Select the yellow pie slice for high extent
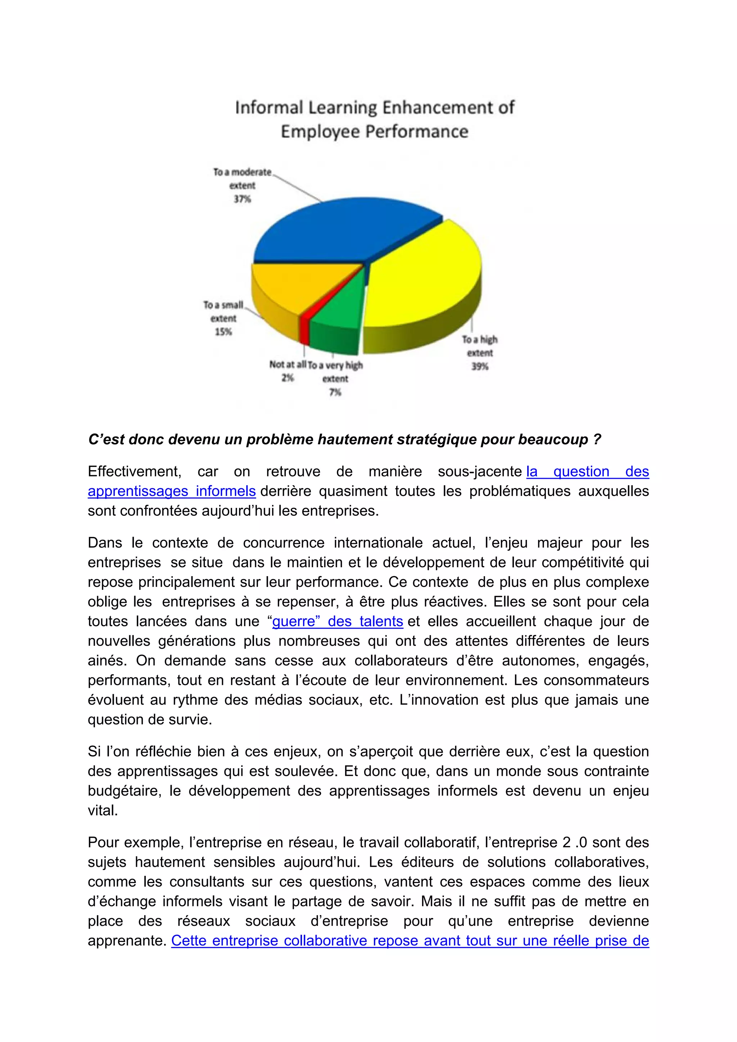422,281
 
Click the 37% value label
242,199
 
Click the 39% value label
480,366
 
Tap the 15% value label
223,332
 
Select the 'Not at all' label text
288,364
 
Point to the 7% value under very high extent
335,392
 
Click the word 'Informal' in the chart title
268,108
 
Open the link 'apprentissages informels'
172,491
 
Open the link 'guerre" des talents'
338,621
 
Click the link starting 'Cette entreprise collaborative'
410,940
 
